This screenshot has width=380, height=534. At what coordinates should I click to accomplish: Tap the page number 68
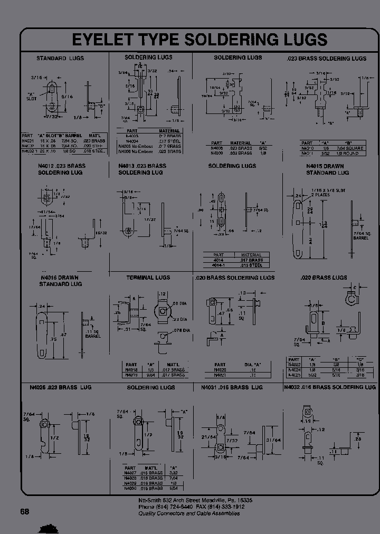25,511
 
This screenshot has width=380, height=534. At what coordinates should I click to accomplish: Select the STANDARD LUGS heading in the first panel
60,58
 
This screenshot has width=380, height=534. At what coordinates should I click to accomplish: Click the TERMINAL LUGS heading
148,278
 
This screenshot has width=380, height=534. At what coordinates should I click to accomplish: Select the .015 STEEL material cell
252,265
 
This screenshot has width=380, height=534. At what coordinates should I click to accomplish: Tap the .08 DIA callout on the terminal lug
181,304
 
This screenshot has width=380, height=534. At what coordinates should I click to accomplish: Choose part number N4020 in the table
220,370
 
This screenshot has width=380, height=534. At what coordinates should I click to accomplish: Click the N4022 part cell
294,364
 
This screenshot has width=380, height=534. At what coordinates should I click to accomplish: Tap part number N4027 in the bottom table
131,473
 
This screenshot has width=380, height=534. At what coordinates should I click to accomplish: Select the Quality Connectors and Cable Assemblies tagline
189,513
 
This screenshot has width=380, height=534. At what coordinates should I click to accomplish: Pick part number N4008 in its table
216,148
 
